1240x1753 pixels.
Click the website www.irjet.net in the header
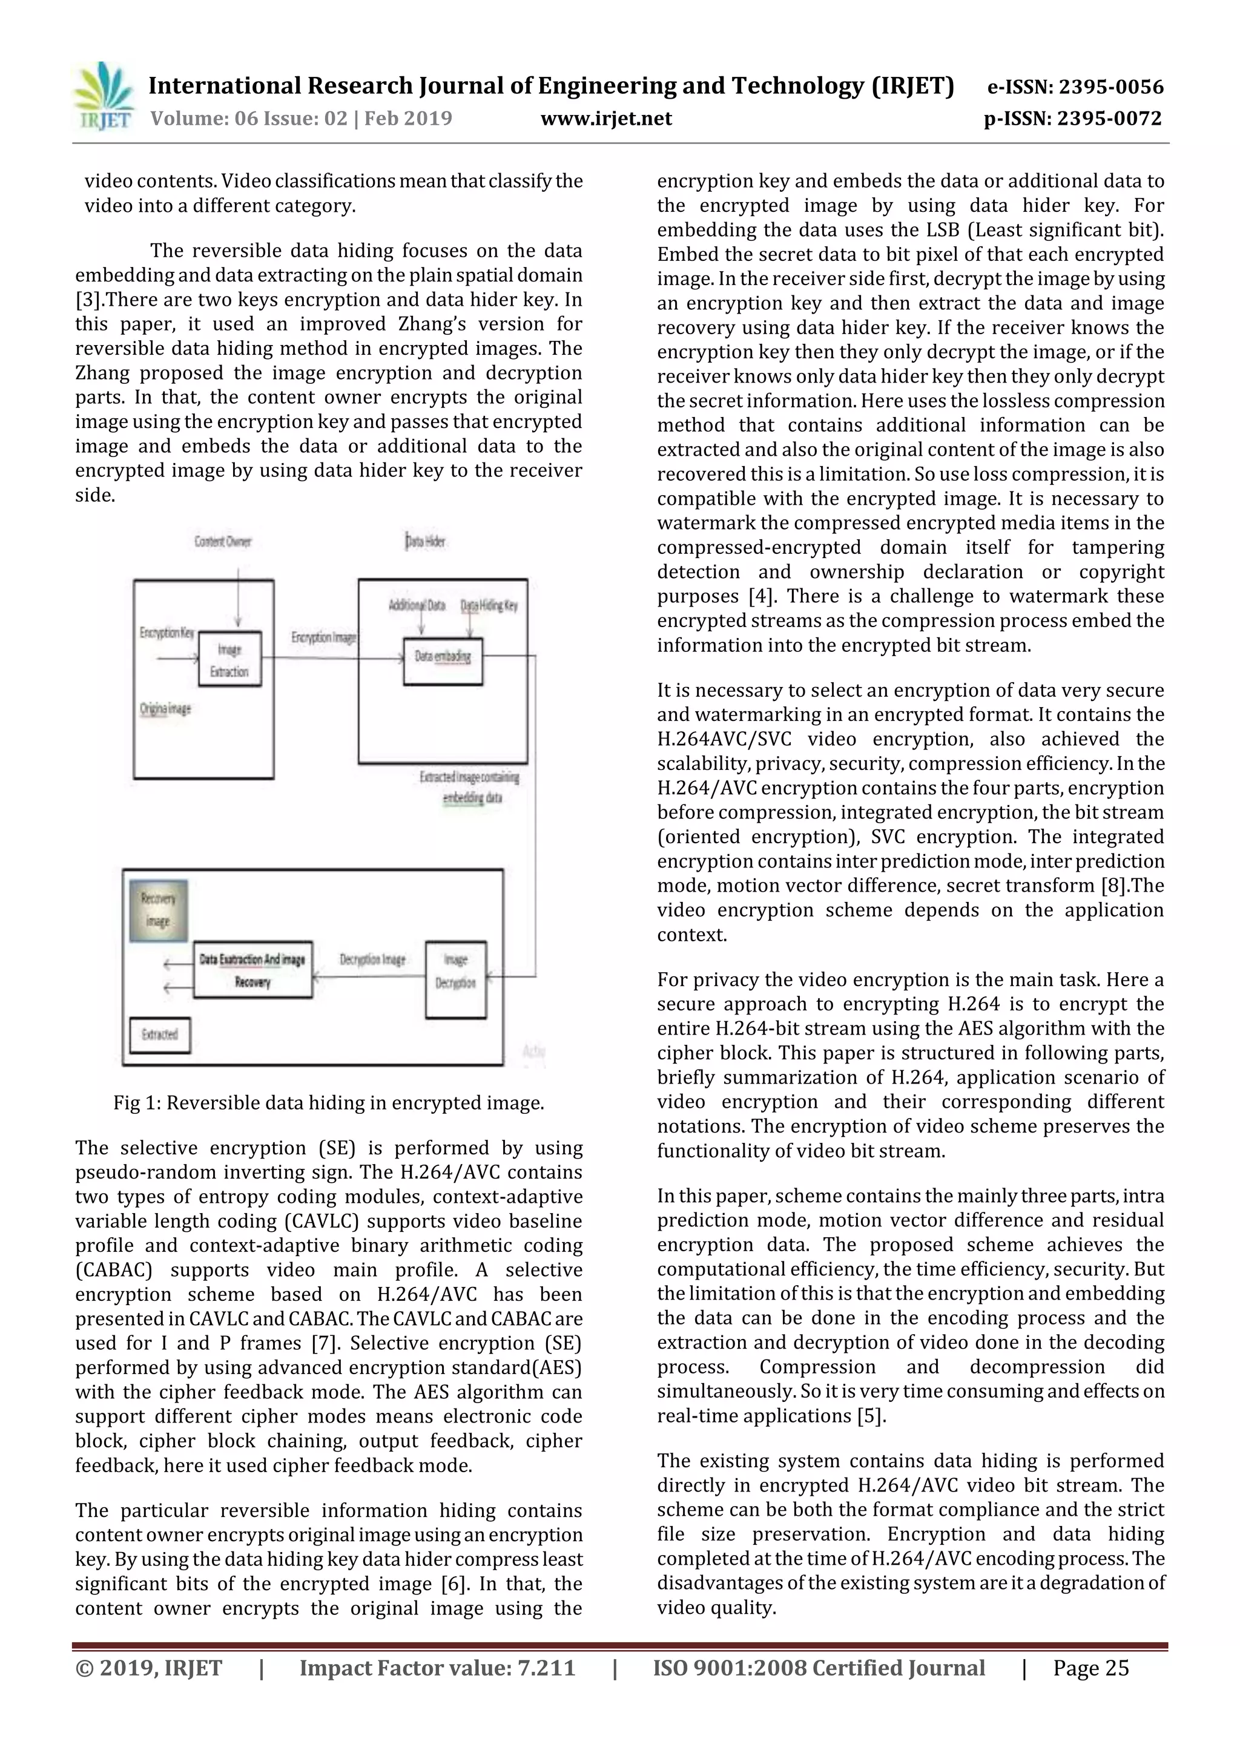coord(606,119)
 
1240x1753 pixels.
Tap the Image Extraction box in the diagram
coord(230,660)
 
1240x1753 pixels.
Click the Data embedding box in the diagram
coord(443,658)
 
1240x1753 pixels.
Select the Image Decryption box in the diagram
coord(456,979)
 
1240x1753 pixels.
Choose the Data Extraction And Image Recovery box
coord(252,970)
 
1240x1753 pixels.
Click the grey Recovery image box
coord(158,910)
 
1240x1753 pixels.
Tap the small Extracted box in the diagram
coord(160,1034)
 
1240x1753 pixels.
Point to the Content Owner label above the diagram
coord(223,541)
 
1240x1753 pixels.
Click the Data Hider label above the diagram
coord(425,541)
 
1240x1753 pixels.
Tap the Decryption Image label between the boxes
coord(372,959)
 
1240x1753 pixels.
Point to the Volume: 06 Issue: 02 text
coord(249,119)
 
